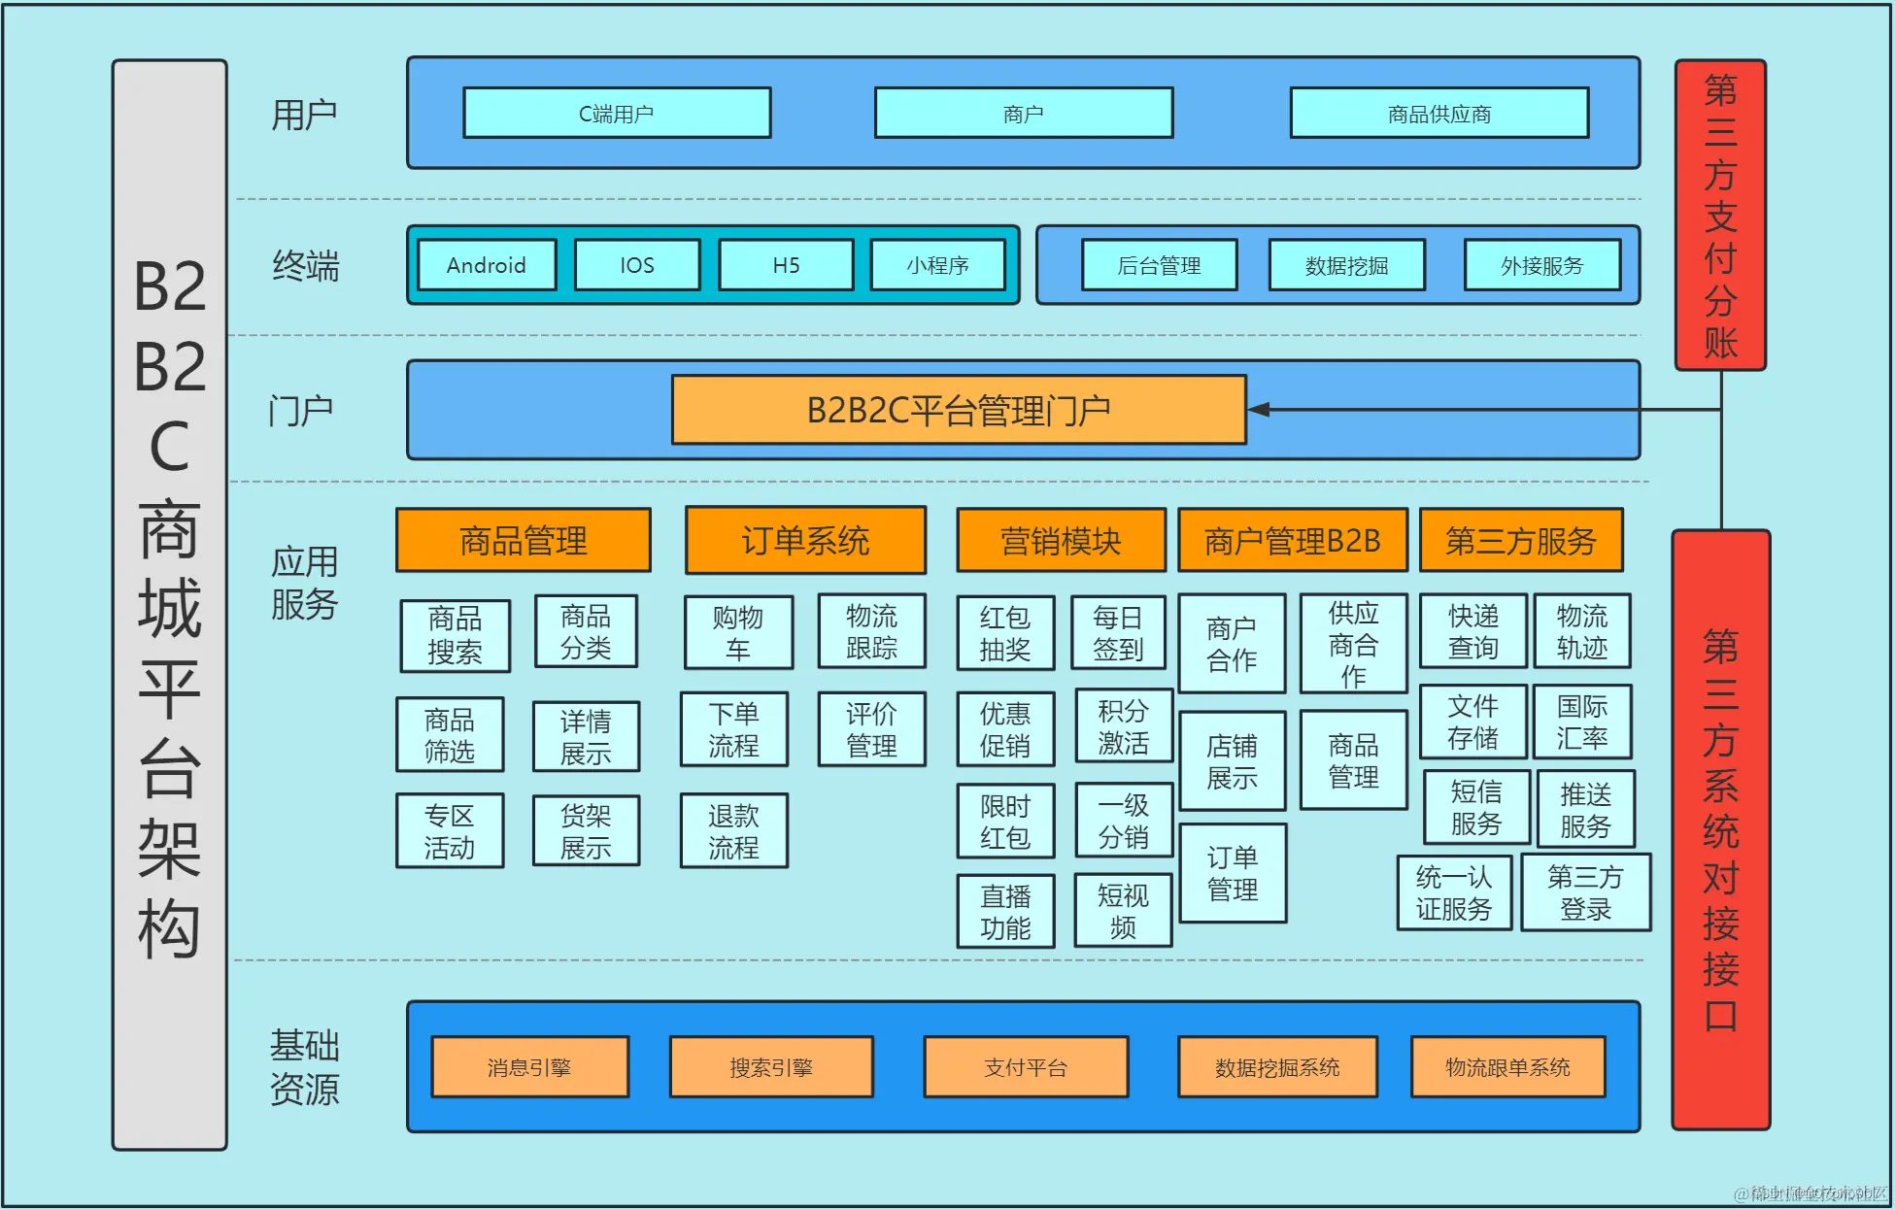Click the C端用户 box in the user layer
[617, 114]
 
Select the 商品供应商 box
[1438, 114]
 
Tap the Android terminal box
[487, 265]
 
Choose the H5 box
[786, 265]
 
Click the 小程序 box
[937, 265]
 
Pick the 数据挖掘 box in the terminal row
[1346, 265]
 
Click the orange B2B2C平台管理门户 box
[958, 411]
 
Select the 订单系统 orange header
[805, 540]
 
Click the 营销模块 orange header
[1061, 540]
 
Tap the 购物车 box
[738, 633]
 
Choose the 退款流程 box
[733, 831]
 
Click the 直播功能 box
[1005, 911]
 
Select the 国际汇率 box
[1582, 722]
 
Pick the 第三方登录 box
[1585, 892]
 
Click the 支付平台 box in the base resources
[1026, 1067]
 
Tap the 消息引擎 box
[529, 1067]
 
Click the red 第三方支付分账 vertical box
[1720, 216]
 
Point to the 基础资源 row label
[304, 1067]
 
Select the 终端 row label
[306, 265]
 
